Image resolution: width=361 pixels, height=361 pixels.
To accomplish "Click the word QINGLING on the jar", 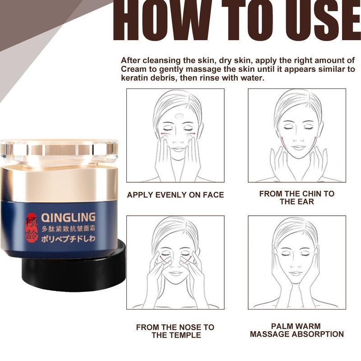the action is coord(68,218).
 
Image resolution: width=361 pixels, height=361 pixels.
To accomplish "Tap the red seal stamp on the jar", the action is coord(32,228).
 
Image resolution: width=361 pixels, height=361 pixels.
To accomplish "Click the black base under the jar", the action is coord(74,269).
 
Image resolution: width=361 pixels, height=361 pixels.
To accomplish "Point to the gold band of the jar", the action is coord(59,184).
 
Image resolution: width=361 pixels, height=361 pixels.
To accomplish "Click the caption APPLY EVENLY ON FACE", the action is coord(176,195).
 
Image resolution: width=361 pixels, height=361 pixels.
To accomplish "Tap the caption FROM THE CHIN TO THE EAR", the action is coord(297,198).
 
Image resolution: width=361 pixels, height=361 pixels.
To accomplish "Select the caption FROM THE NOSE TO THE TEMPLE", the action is coord(176,331).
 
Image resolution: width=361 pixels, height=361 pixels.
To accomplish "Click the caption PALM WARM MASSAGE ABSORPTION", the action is coord(297,330).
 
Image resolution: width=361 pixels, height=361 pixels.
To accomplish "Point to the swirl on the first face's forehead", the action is coord(179,116).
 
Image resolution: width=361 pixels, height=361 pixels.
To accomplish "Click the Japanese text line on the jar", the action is coord(68,239).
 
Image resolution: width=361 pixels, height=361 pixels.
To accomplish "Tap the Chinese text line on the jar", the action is coord(68,229).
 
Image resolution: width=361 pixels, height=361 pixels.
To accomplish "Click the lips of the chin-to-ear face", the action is coord(298,147).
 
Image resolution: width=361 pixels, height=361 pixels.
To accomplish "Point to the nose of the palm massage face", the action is coord(296,265).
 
